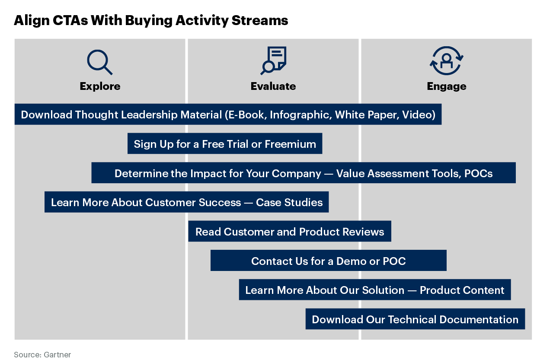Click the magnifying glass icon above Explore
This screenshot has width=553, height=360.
(99, 62)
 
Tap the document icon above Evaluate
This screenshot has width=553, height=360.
(273, 61)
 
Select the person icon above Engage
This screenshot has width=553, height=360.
(446, 61)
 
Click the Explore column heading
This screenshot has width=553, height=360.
(100, 86)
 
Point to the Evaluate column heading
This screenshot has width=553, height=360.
(273, 86)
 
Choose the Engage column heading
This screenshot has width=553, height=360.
(446, 86)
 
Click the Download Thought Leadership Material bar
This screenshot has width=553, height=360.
(228, 115)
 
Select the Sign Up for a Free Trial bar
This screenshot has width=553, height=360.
(224, 144)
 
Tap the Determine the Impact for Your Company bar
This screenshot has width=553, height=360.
(303, 173)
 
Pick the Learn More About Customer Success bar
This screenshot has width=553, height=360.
(186, 202)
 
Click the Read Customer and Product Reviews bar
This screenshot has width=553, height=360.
(289, 232)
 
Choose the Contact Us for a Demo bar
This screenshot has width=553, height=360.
(328, 261)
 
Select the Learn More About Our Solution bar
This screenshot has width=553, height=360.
(374, 290)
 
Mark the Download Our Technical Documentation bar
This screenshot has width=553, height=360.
(415, 319)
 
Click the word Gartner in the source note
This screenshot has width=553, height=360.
(57, 355)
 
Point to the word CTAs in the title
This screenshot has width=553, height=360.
(69, 20)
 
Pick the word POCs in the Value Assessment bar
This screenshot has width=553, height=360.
(478, 173)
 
